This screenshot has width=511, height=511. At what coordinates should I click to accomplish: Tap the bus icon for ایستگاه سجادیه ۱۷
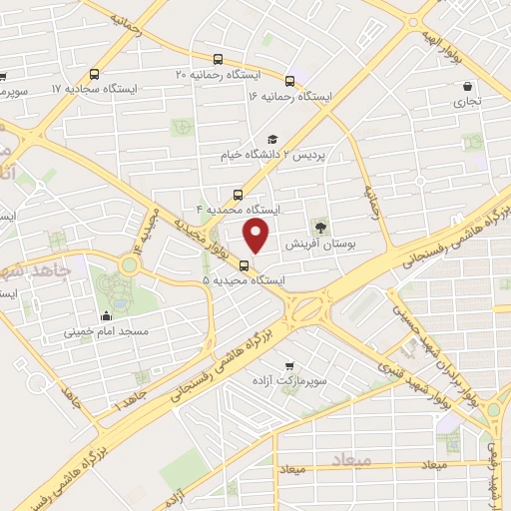[95, 74]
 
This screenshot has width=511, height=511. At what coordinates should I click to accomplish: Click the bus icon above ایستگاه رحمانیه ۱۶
[290, 81]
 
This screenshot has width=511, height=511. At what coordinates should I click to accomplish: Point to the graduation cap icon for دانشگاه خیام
[270, 140]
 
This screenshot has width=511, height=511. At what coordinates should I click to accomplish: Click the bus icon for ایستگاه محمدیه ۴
[238, 195]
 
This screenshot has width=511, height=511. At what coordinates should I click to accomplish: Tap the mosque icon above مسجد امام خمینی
[106, 313]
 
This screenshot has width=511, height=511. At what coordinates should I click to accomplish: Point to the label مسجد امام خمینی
[106, 329]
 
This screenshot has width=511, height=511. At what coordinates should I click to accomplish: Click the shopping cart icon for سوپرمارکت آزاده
[289, 365]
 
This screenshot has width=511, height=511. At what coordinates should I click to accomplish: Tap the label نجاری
[469, 101]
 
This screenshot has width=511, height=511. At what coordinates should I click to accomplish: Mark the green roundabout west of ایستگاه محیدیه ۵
[130, 263]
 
